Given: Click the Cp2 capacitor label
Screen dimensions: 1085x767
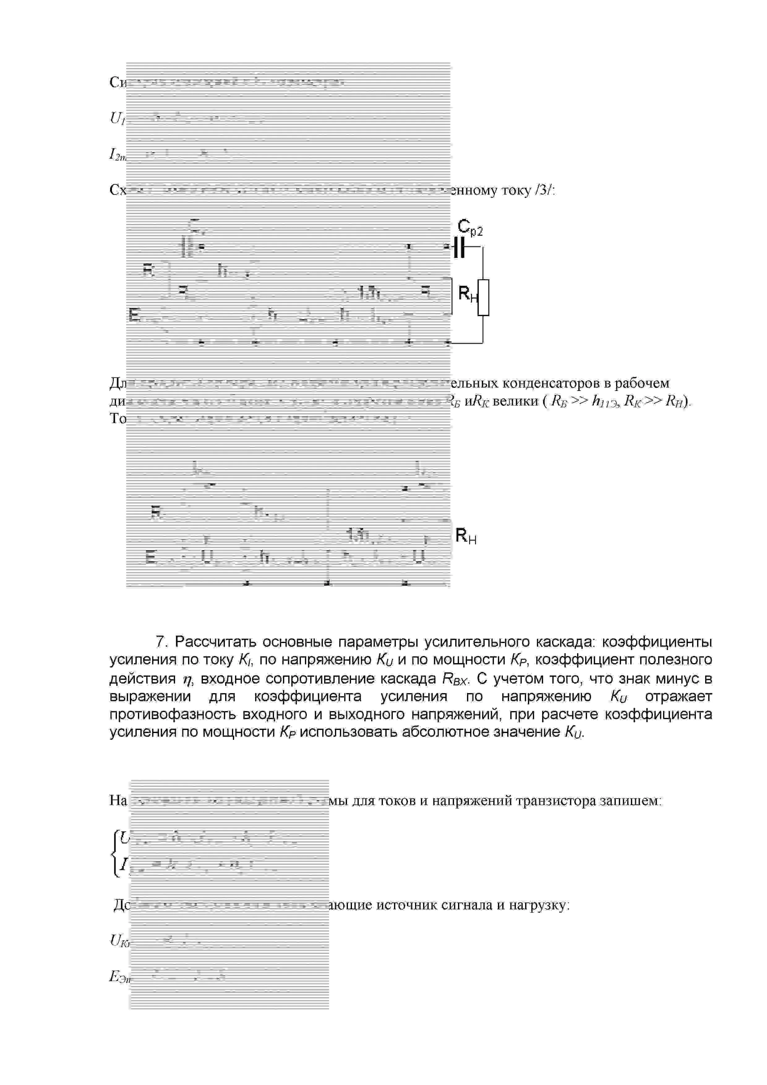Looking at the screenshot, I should point(470,228).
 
